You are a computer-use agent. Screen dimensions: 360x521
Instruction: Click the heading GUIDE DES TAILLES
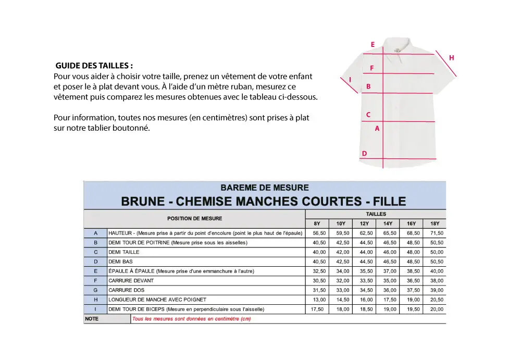point(94,66)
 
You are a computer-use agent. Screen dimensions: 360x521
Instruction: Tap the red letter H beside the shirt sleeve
point(451,58)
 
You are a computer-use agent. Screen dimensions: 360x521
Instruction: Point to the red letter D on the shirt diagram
point(364,153)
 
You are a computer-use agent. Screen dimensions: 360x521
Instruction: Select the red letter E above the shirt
point(373,45)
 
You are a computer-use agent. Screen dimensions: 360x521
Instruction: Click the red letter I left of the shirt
point(350,80)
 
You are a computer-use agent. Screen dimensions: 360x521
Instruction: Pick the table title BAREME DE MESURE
point(265,188)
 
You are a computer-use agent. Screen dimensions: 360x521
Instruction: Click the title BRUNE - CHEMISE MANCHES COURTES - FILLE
point(264,202)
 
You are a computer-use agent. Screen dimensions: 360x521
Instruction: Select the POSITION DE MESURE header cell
point(194,218)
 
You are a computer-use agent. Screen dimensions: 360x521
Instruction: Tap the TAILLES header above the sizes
point(376,214)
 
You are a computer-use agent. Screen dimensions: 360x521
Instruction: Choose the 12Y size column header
point(364,224)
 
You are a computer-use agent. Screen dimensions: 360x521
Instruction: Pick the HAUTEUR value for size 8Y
point(319,233)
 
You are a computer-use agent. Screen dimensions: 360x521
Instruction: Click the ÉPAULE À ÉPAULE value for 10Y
point(342,271)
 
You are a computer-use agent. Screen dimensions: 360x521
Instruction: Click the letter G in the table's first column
point(95,290)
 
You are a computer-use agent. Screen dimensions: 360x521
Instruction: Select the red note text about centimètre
point(191,319)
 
